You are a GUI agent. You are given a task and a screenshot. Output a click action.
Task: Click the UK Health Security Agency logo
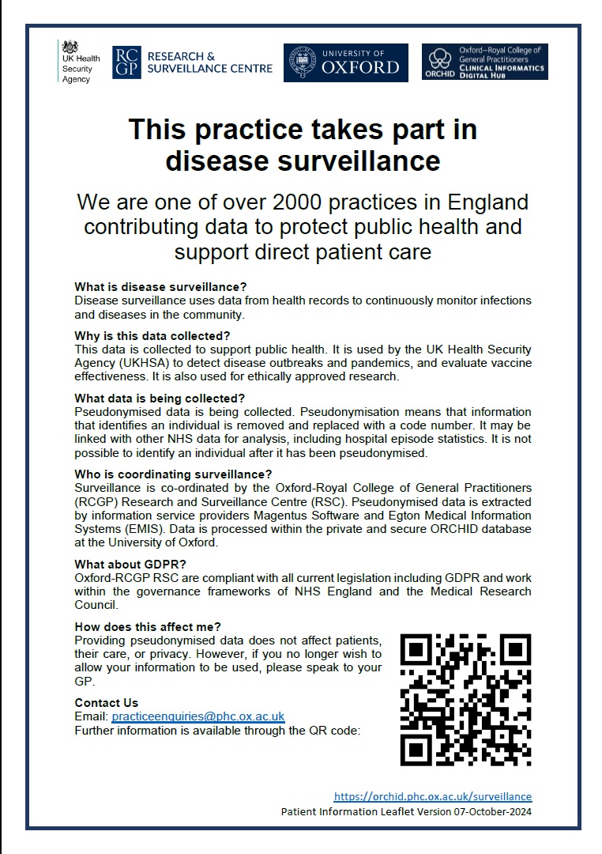click(x=77, y=62)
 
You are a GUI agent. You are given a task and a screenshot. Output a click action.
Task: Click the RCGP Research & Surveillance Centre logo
click(x=193, y=62)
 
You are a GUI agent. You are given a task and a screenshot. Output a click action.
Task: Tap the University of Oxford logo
click(x=346, y=62)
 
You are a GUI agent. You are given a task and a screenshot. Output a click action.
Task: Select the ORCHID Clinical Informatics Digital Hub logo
click(x=485, y=62)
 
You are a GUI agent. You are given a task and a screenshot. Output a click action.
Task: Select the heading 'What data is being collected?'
click(x=160, y=398)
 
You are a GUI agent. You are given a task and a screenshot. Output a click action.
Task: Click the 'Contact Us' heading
click(x=106, y=702)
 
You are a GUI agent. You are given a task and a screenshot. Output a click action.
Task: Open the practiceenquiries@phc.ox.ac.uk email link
click(x=198, y=716)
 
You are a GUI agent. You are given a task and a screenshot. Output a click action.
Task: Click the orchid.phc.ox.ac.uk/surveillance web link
click(x=433, y=796)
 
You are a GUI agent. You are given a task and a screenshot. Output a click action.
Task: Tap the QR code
click(x=465, y=699)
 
